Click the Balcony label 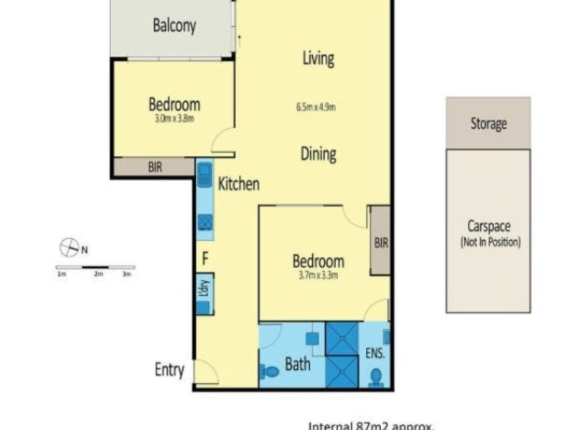coord(174,26)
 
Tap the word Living coord(318,58)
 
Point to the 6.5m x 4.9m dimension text coord(316,108)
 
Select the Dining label coord(319,153)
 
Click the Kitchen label coord(238,184)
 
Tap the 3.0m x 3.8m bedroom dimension coord(174,118)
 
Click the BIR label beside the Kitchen coord(155,168)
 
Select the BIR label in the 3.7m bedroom coord(380,243)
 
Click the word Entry coord(170,370)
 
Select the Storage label coord(489,123)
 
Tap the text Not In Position coord(491,242)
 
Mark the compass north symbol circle coord(69,249)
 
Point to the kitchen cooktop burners coord(204,221)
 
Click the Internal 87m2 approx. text coord(371,425)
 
